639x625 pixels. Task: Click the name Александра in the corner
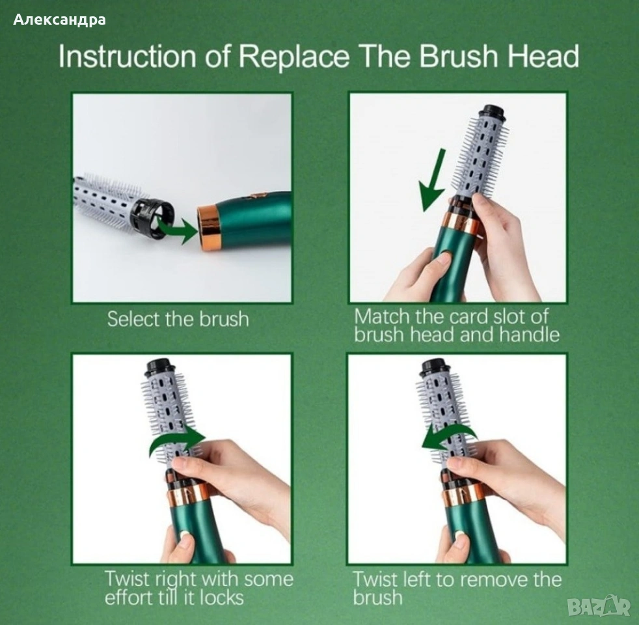pyautogui.click(x=59, y=20)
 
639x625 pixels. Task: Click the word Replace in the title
pyautogui.click(x=293, y=56)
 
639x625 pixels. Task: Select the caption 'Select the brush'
pyautogui.click(x=178, y=319)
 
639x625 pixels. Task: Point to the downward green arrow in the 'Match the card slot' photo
pyautogui.click(x=433, y=180)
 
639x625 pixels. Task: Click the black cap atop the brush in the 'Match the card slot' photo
pyautogui.click(x=493, y=113)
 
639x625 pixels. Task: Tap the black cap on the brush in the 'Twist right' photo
pyautogui.click(x=159, y=367)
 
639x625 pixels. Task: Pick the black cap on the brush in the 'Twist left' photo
pyautogui.click(x=435, y=367)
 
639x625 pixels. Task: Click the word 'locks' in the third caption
pyautogui.click(x=222, y=598)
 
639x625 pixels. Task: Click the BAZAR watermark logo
pyautogui.click(x=599, y=606)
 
